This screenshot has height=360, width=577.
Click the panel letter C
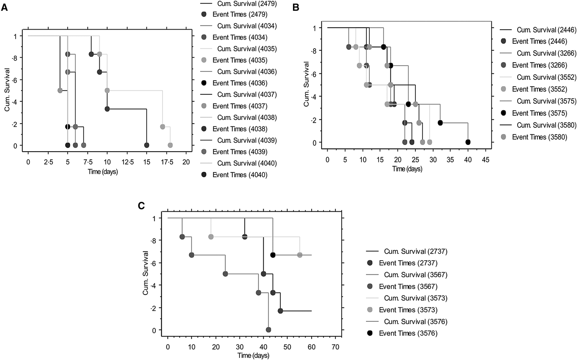click(141, 205)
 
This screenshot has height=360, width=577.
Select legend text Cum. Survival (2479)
click(246, 4)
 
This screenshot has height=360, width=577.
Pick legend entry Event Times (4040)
click(240, 175)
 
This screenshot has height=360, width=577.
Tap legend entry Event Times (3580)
click(539, 137)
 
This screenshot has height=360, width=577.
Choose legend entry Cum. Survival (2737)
click(413, 251)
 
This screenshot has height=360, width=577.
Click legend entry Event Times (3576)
click(408, 333)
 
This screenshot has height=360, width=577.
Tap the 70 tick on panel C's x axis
click(335, 347)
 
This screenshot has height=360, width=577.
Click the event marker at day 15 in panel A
click(147, 145)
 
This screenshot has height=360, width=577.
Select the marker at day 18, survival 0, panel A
click(170, 145)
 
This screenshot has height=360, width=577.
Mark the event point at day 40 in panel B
click(468, 142)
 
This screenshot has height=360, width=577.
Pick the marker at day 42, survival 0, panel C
click(268, 330)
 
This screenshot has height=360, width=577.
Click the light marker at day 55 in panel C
click(300, 255)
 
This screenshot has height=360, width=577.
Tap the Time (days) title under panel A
click(103, 172)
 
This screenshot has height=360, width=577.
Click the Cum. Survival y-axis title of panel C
click(145, 273)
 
